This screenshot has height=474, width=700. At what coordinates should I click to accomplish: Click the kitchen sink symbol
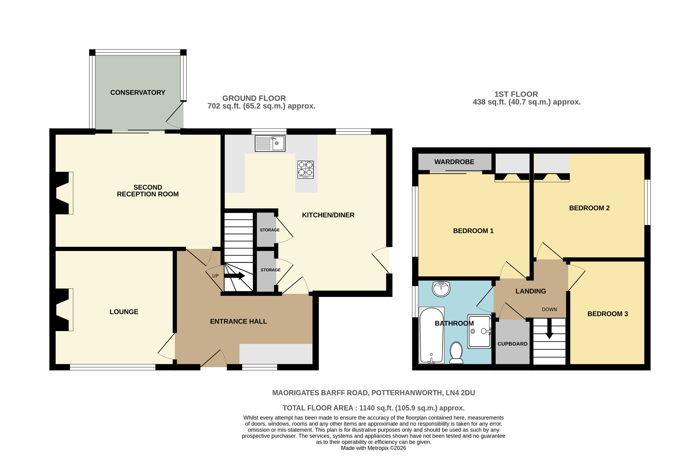tap(270, 143)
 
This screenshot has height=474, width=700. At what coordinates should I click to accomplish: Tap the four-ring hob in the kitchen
tap(305, 169)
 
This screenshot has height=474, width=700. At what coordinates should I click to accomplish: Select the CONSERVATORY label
tap(138, 92)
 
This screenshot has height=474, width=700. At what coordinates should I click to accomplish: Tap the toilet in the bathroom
tap(456, 353)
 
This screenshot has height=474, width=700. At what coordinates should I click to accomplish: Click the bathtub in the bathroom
tap(431, 335)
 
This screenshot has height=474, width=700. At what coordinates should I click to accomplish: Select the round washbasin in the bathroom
tap(441, 289)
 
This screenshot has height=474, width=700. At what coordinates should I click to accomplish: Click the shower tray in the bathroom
tap(479, 331)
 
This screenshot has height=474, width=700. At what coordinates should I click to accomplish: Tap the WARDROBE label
tap(454, 162)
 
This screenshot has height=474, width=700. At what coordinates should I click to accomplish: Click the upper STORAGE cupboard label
tap(270, 230)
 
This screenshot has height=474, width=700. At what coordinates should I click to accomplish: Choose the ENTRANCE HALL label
tap(238, 321)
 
